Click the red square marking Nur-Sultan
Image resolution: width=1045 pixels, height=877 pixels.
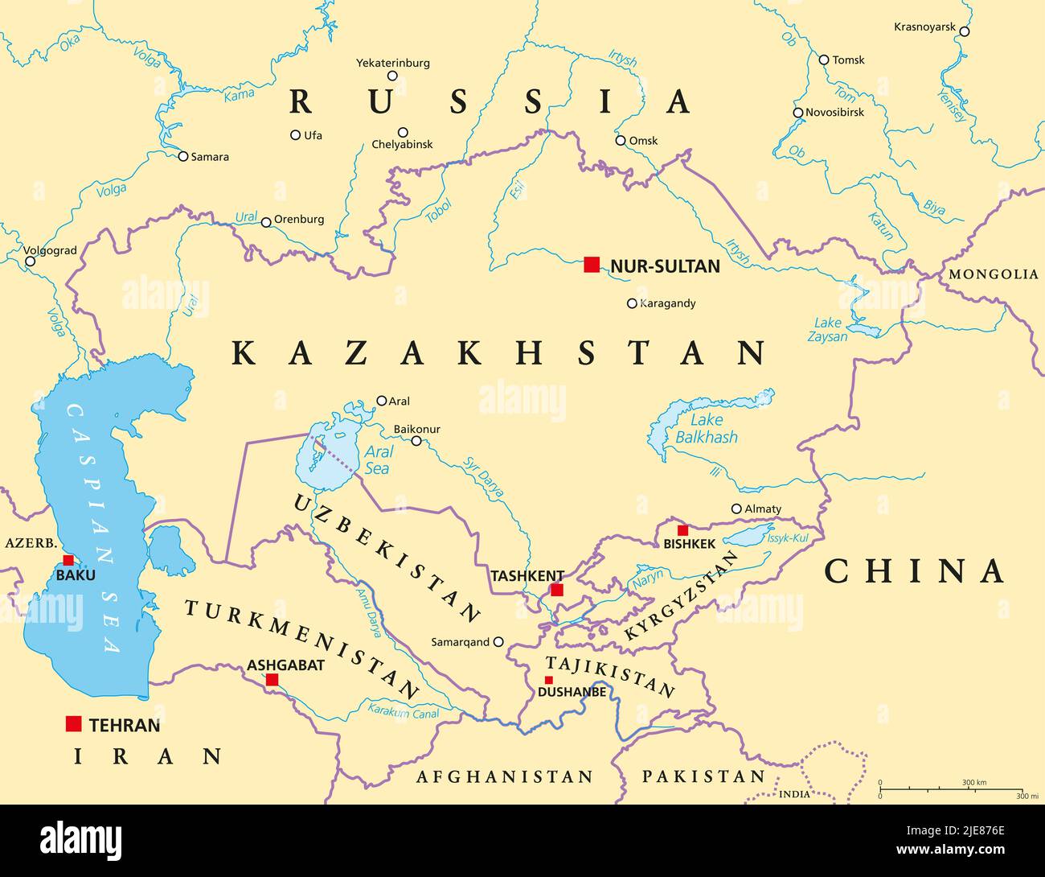[592, 265]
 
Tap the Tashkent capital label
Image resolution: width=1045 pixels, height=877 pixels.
[527, 576]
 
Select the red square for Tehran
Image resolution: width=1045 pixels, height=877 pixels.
[74, 724]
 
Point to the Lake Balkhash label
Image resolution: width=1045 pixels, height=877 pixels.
[706, 429]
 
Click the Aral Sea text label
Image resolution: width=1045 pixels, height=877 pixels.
[377, 460]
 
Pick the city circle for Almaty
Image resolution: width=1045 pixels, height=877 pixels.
[736, 508]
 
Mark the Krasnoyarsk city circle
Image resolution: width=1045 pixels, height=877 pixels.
[965, 31]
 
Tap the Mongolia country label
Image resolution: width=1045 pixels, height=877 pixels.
[994, 274]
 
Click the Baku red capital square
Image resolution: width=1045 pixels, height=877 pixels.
[68, 560]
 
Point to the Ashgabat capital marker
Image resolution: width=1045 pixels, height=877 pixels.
[272, 680]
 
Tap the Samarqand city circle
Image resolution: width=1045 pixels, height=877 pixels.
[498, 642]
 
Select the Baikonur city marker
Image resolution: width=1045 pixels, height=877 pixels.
[416, 441]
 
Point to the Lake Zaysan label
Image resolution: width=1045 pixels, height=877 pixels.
[827, 330]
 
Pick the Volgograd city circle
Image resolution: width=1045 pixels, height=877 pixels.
[30, 261]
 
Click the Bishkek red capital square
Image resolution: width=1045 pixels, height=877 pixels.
[682, 530]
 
